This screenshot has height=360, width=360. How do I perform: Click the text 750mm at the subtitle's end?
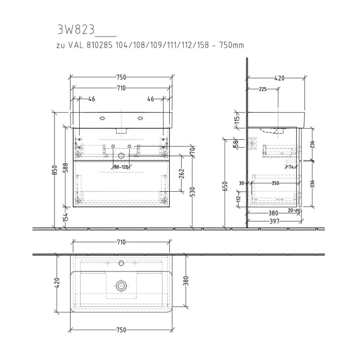231,45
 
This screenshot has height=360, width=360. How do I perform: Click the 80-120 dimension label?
121,167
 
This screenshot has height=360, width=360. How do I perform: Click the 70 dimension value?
192,151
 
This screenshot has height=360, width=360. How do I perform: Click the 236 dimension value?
312,145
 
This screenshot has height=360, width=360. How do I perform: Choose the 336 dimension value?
312,183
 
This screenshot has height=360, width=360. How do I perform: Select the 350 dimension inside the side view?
276,183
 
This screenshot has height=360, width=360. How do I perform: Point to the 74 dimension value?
291,167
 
